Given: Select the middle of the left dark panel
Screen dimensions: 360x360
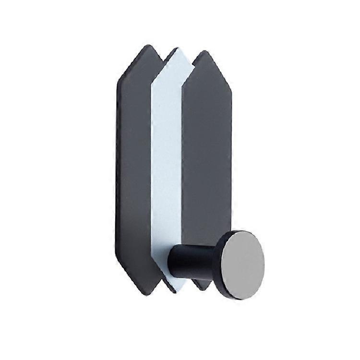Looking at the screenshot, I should click(134, 168).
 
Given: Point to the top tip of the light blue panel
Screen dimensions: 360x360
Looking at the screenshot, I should click(176, 49).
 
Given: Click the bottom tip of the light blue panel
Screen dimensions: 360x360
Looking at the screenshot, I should click(176, 291).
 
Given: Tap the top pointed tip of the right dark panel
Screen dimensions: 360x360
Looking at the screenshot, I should click(205, 51).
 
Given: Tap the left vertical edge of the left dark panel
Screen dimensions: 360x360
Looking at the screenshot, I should click(117, 168).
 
